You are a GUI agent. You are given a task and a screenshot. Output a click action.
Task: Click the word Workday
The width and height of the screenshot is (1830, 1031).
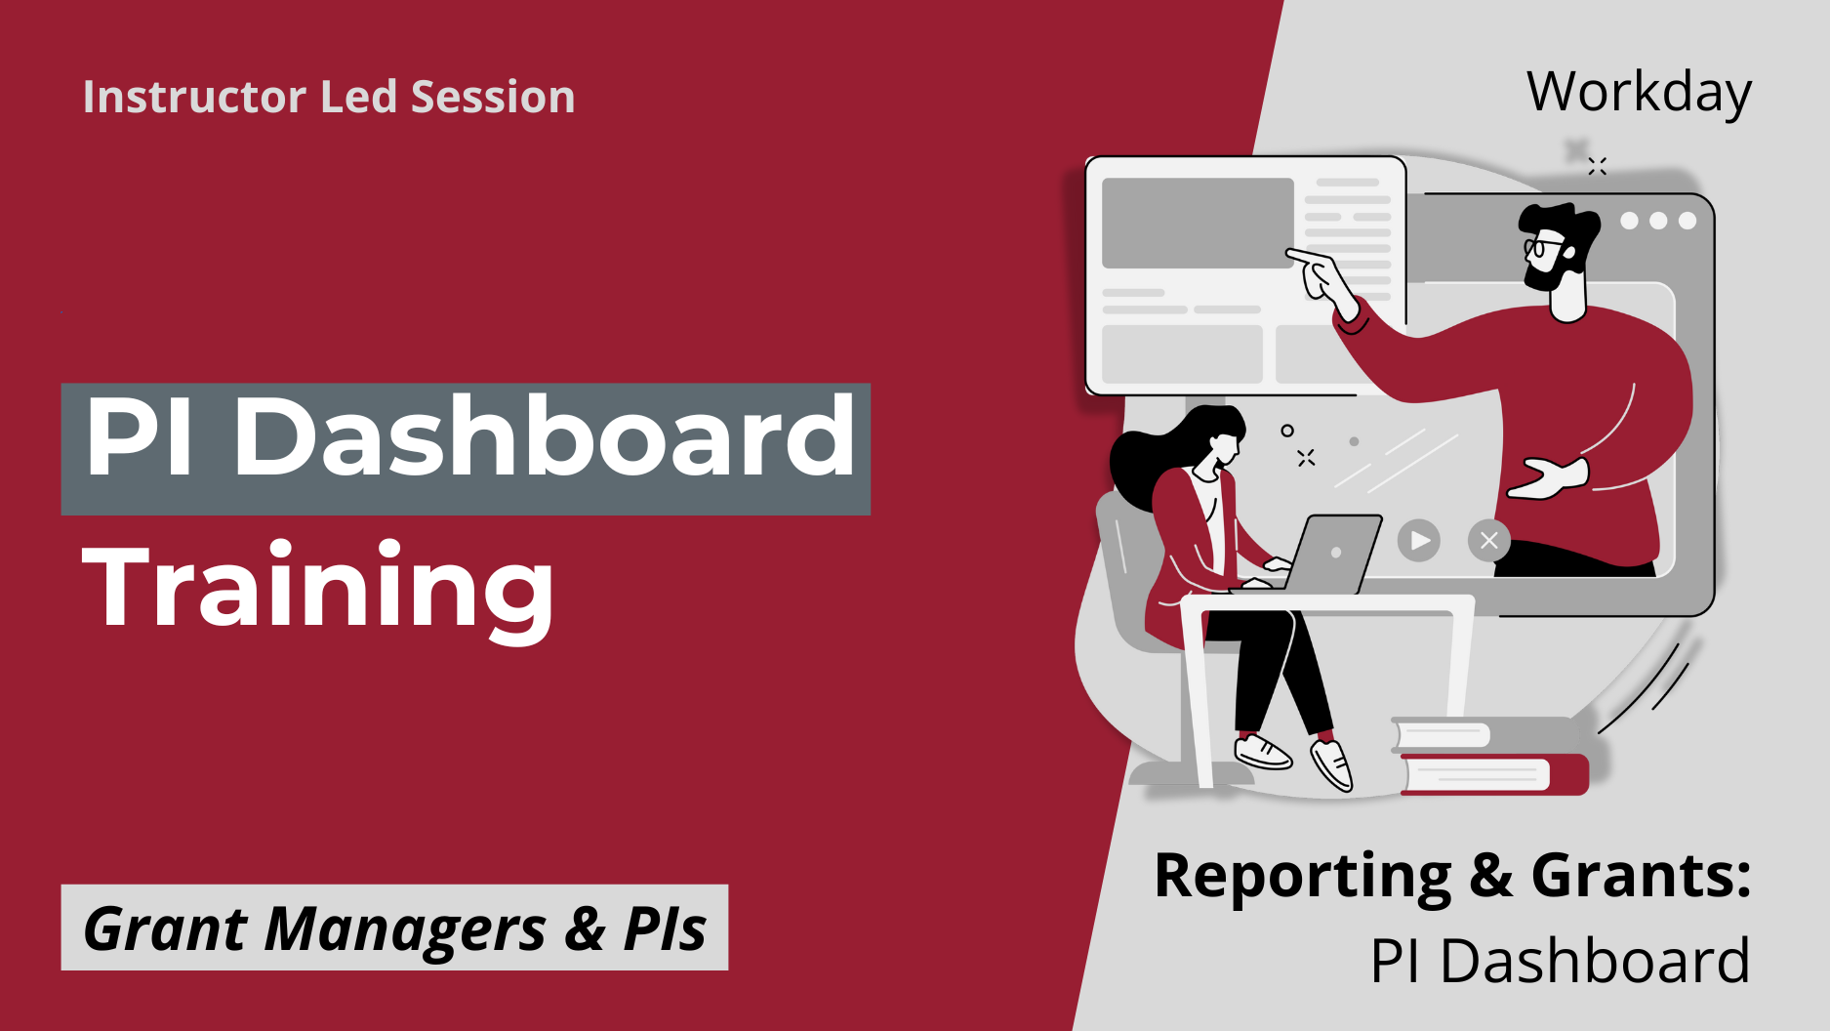pos(1639,93)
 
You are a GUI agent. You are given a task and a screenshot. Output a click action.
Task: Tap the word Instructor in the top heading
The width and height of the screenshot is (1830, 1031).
pos(194,97)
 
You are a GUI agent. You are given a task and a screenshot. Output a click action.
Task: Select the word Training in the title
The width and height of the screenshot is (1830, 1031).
pos(318,586)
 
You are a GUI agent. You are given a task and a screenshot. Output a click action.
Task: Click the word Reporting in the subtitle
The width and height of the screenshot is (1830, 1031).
pos(1302,876)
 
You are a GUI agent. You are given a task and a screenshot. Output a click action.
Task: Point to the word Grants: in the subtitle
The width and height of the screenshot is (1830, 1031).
pos(1641,875)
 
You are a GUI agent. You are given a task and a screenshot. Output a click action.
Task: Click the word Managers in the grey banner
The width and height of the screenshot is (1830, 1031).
pos(404,928)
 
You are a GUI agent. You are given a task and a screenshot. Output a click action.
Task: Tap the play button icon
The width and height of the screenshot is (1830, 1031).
pos(1419,540)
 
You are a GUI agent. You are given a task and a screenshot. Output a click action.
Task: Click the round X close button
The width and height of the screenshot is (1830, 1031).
pos(1488,540)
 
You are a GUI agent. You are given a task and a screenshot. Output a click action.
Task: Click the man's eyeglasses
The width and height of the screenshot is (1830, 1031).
pos(1542,244)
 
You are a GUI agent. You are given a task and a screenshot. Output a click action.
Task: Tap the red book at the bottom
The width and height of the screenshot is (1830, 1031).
pos(1493,774)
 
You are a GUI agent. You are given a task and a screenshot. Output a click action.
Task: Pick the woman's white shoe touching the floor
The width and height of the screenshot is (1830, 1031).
pos(1263,752)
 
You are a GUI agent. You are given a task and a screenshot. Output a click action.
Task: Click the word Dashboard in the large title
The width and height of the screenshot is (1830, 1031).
pos(545,437)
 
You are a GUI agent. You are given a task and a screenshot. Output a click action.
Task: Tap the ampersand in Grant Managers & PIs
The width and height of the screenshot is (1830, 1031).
pos(585,928)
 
